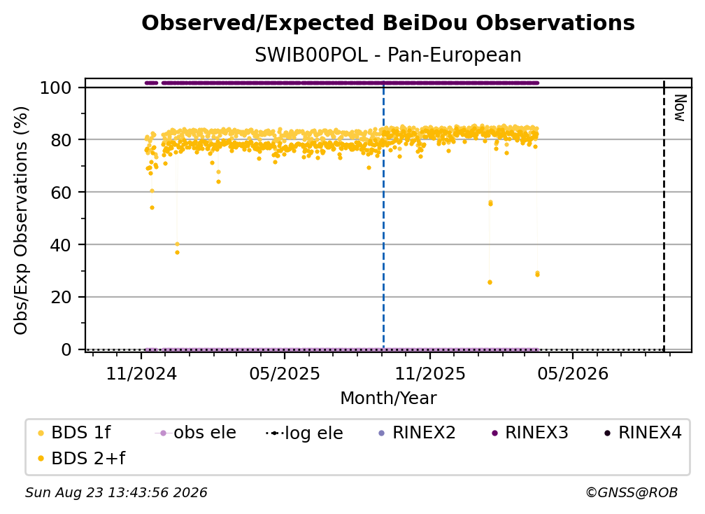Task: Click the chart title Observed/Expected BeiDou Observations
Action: pyautogui.click(x=388, y=23)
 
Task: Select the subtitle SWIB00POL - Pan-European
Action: pyautogui.click(x=388, y=55)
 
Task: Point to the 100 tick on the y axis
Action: pyautogui.click(x=56, y=88)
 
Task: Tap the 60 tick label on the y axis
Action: pyautogui.click(x=61, y=193)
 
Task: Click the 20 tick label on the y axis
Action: pyautogui.click(x=61, y=298)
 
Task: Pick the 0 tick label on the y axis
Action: pyautogui.click(x=66, y=349)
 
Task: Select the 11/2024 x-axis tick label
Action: pyautogui.click(x=141, y=373)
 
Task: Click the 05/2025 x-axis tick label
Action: pyautogui.click(x=285, y=373)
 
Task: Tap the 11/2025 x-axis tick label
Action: pyautogui.click(x=430, y=373)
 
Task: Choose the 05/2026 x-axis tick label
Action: pyautogui.click(x=573, y=373)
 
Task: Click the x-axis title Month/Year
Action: pyautogui.click(x=388, y=398)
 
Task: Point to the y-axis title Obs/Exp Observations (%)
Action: pyautogui.click(x=21, y=221)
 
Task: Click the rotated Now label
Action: pyautogui.click(x=679, y=108)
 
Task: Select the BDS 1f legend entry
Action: pyautogui.click(x=74, y=433)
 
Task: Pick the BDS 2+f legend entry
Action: pyautogui.click(x=81, y=459)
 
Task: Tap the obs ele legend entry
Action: pyautogui.click(x=195, y=433)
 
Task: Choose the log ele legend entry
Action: pyautogui.click(x=304, y=433)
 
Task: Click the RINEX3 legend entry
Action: pyautogui.click(x=530, y=433)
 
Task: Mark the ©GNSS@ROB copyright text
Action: pyautogui.click(x=632, y=493)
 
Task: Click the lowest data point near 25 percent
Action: pyautogui.click(x=490, y=282)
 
